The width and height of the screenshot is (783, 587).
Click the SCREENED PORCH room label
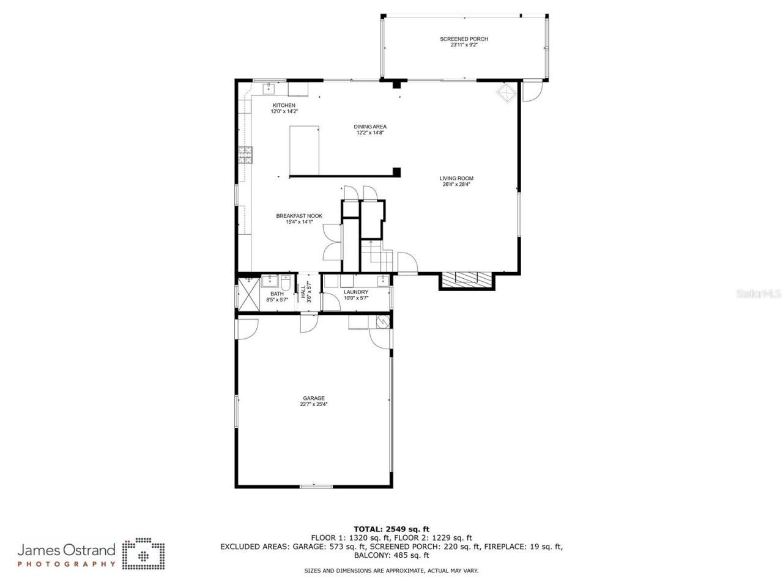pos(464,39)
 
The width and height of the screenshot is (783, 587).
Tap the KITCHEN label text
pos(284,106)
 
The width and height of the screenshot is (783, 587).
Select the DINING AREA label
pos(370,127)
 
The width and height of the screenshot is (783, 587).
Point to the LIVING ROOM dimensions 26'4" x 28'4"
pos(456,184)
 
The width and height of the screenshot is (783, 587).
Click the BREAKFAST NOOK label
pos(299,216)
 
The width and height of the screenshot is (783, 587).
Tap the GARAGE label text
pos(313,398)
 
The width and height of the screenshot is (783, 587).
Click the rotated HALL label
pos(303,292)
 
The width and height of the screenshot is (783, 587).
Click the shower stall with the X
pos(247,293)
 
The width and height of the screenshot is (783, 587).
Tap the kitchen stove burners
pos(245,155)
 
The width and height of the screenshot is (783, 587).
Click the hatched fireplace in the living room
pos(466,279)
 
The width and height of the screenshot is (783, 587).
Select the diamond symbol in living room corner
pos(506,94)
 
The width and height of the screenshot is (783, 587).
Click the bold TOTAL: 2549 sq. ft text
pos(391,529)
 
